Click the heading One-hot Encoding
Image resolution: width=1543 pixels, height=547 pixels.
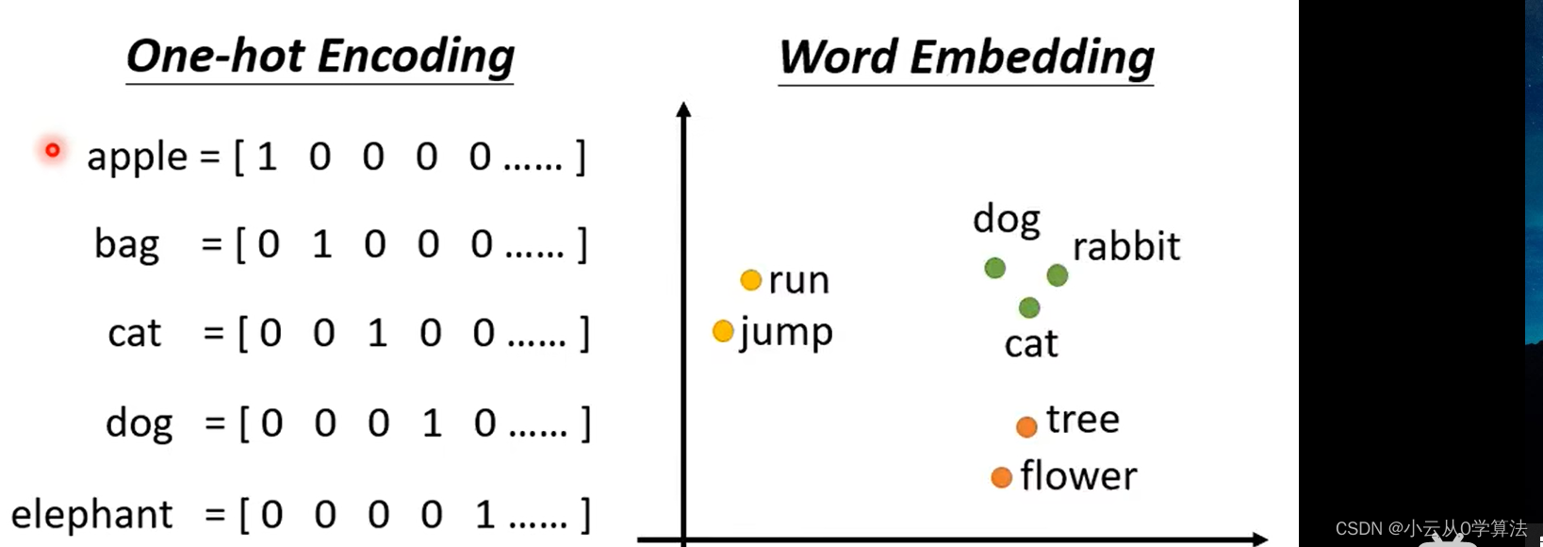click(320, 57)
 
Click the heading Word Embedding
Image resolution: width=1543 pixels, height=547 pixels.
click(966, 58)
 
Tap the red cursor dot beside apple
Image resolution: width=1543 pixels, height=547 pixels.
click(53, 150)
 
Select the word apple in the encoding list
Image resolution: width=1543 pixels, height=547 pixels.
click(137, 157)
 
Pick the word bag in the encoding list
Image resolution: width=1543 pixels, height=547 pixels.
click(126, 245)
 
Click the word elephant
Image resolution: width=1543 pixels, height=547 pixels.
click(91, 515)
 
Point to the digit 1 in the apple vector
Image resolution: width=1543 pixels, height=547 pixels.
click(267, 157)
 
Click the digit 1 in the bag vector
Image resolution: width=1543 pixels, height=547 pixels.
click(322, 245)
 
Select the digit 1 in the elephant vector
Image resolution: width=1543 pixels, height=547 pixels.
click(484, 515)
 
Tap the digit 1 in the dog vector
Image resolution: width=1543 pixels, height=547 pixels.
click(432, 423)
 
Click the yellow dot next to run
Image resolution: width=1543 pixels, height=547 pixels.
click(751, 280)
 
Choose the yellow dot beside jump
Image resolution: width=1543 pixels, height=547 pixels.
click(723, 331)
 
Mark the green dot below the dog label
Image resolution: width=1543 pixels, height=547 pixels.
click(994, 268)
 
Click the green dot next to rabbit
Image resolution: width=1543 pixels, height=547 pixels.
click(1058, 275)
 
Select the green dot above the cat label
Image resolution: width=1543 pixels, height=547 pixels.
click(1029, 307)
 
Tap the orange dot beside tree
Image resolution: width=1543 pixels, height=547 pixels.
click(1026, 426)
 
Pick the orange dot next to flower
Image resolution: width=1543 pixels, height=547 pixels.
click(1001, 477)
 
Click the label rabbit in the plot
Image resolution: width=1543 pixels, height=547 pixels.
click(1126, 247)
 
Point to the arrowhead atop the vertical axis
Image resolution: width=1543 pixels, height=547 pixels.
click(683, 109)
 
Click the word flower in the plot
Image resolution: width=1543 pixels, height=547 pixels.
click(1078, 476)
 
